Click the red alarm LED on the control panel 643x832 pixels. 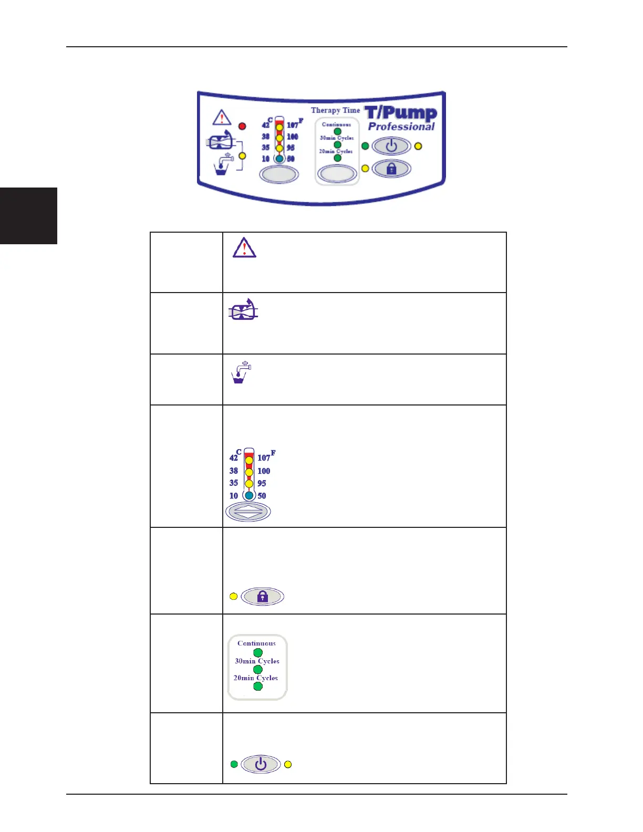(242, 126)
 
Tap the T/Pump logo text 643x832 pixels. (401, 112)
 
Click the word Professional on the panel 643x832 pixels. (401, 127)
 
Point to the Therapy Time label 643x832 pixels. (335, 110)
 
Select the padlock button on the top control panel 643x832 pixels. (391, 169)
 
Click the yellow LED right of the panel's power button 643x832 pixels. (418, 146)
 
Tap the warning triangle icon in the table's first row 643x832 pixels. (244, 247)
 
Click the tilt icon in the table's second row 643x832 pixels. (243, 310)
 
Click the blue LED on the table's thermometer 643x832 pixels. (249, 495)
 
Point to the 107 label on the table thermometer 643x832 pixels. (264, 457)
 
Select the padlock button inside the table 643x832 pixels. (262, 596)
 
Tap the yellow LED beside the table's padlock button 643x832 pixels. (234, 596)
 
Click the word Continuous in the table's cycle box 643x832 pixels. (256, 643)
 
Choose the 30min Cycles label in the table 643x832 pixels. (257, 661)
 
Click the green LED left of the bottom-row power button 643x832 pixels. (234, 764)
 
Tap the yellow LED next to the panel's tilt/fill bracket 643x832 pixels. (242, 156)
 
